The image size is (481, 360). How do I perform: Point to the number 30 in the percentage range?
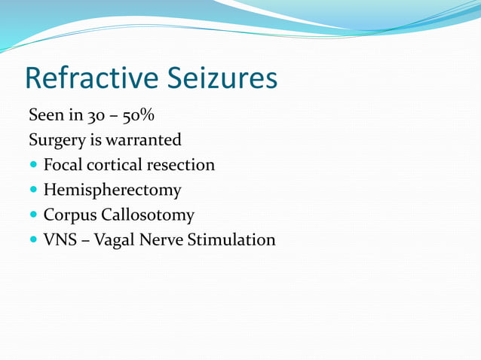(x=81, y=116)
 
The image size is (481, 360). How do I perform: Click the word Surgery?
(x=55, y=141)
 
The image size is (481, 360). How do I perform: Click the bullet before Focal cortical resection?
(x=33, y=165)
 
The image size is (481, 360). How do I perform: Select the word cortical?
(x=114, y=165)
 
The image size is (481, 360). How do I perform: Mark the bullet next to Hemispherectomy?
(x=33, y=190)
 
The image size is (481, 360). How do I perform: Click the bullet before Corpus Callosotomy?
(x=33, y=215)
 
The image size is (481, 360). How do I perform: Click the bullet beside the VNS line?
(x=33, y=240)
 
